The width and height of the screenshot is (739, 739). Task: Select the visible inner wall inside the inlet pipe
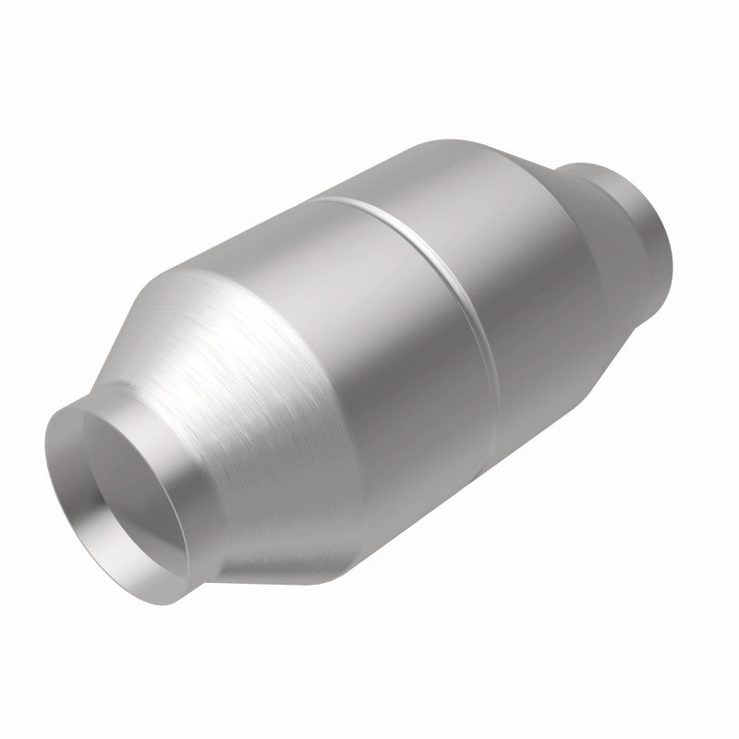coord(102,480)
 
